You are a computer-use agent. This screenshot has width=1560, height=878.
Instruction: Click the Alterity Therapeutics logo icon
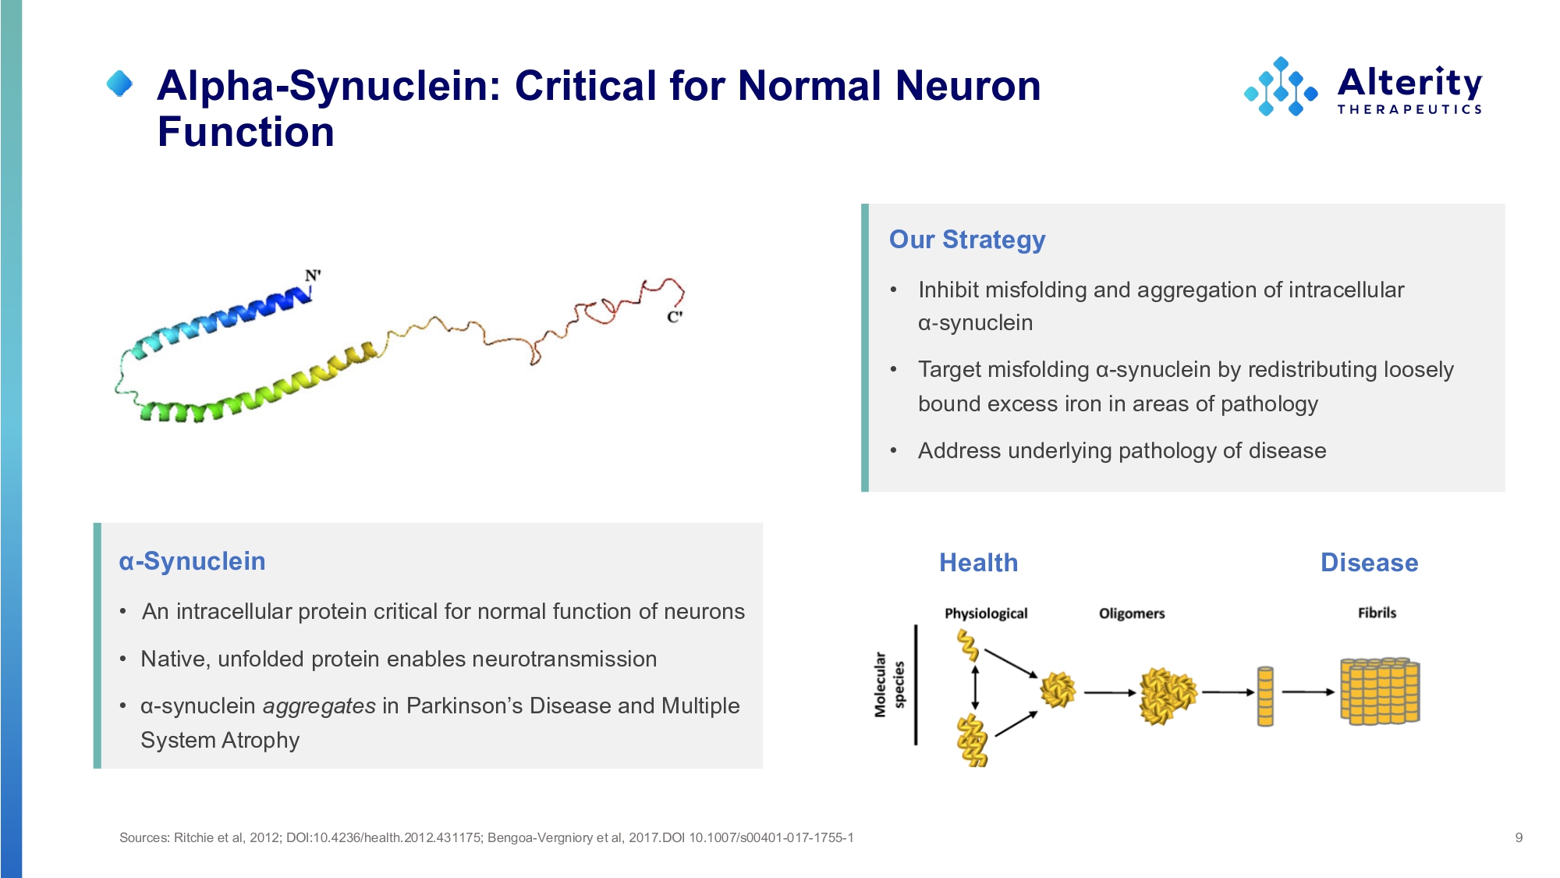[1281, 87]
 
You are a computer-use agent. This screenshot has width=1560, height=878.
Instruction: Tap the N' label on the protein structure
[313, 275]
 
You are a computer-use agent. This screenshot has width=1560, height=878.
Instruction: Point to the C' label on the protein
[675, 317]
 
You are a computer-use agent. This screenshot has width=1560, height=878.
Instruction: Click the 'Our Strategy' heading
[967, 240]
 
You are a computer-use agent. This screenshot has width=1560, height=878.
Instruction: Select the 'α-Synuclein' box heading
[192, 561]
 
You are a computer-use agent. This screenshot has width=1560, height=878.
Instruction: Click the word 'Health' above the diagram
[978, 563]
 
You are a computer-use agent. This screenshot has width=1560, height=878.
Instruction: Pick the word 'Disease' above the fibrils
[1369, 563]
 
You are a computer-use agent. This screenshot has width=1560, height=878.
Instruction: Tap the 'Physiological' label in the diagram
[986, 613]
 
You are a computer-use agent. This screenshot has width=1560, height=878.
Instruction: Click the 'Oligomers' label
[1132, 613]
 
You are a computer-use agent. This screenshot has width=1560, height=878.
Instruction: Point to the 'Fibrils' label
[1377, 613]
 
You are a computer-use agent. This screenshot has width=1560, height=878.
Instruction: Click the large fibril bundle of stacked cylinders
[1380, 691]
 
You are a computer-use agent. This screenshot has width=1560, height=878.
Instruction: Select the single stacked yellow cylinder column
[1265, 696]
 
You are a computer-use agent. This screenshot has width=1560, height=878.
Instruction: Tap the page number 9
[1519, 837]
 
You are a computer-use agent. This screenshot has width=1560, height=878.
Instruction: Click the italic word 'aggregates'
[319, 706]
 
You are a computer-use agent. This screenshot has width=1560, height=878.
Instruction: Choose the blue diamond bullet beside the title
[119, 84]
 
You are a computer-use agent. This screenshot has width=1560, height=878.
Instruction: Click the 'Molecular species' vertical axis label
[889, 684]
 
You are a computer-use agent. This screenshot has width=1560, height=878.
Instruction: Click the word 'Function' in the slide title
[246, 131]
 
